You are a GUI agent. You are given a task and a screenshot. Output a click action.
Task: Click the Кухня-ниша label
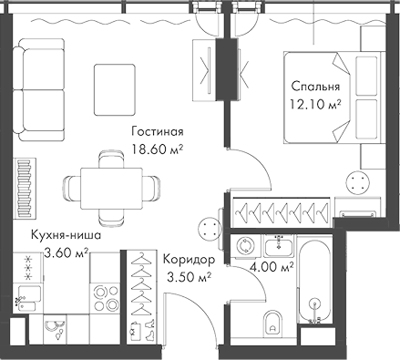pos(65,235)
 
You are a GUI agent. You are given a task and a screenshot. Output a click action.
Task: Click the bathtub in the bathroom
pos(315,283)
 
